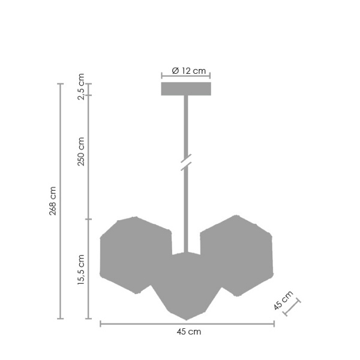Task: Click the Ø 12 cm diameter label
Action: click(188, 71)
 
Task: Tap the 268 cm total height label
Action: click(53, 201)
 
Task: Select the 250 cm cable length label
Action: click(82, 151)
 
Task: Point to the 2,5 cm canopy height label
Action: click(82, 87)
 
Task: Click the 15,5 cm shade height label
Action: click(82, 270)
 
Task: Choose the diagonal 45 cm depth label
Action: click(283, 301)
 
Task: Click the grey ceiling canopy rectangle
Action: click(186, 89)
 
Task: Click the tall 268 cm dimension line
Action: click(60, 240)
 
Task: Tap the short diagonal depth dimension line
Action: click(292, 307)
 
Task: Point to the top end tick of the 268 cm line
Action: click(60, 84)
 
